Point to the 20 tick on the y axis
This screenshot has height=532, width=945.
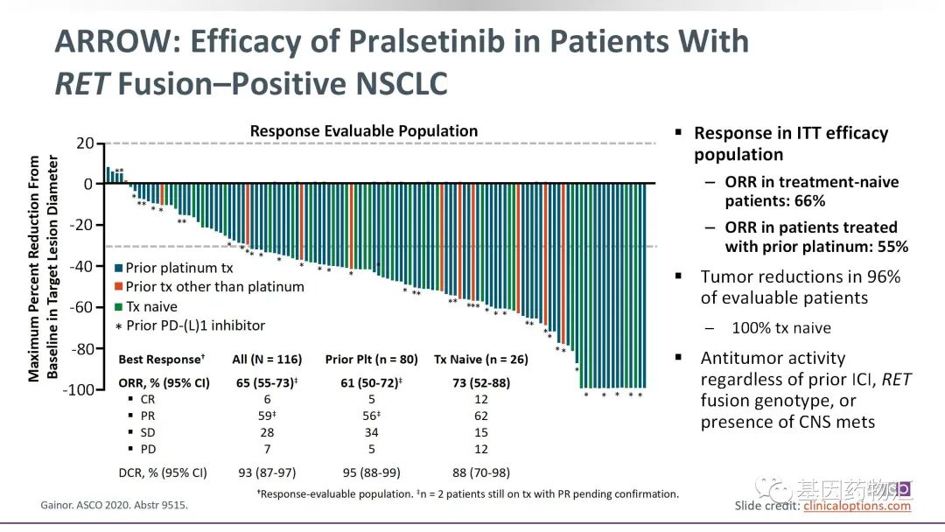click(82, 143)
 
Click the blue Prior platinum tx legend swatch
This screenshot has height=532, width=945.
click(119, 268)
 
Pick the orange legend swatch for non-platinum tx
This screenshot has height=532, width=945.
click(119, 287)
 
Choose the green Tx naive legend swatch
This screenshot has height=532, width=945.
click(119, 306)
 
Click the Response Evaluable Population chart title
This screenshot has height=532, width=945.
click(364, 131)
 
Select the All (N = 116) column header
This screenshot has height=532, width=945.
click(267, 360)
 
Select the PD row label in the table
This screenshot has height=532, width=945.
click(149, 449)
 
